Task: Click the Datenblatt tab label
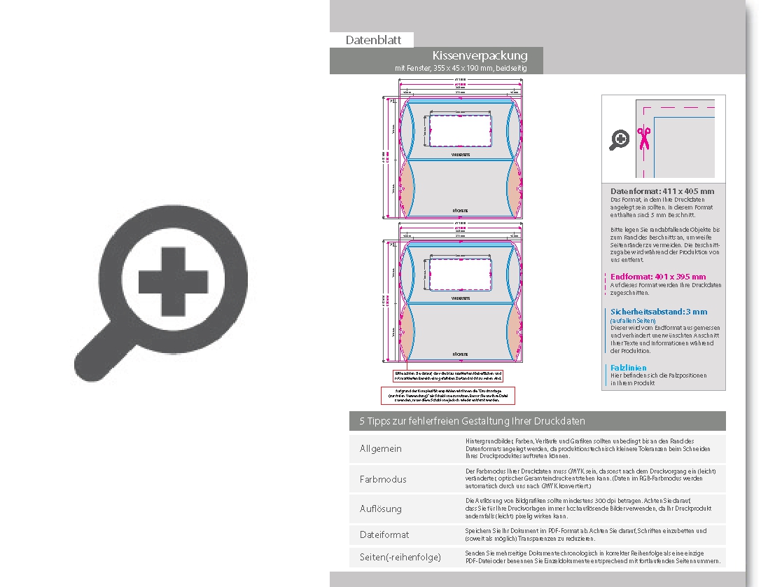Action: coord(373,40)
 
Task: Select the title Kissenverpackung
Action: coord(480,55)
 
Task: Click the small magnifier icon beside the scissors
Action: coord(620,140)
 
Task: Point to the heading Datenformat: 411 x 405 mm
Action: coord(662,191)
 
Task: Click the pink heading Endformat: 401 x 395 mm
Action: coord(658,277)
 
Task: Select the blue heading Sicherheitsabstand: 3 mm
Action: coord(659,312)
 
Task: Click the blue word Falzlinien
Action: coord(628,368)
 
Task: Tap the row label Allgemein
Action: coord(381,448)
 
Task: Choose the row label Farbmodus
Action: coord(383,479)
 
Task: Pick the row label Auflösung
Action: coord(381,509)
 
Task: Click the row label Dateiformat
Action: coord(384,534)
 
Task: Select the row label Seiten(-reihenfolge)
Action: coord(400,557)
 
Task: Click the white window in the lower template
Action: coord(459,275)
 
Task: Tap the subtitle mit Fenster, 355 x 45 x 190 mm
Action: coord(460,68)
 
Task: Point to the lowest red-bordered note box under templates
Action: coord(448,395)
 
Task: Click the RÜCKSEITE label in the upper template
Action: coord(459,209)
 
